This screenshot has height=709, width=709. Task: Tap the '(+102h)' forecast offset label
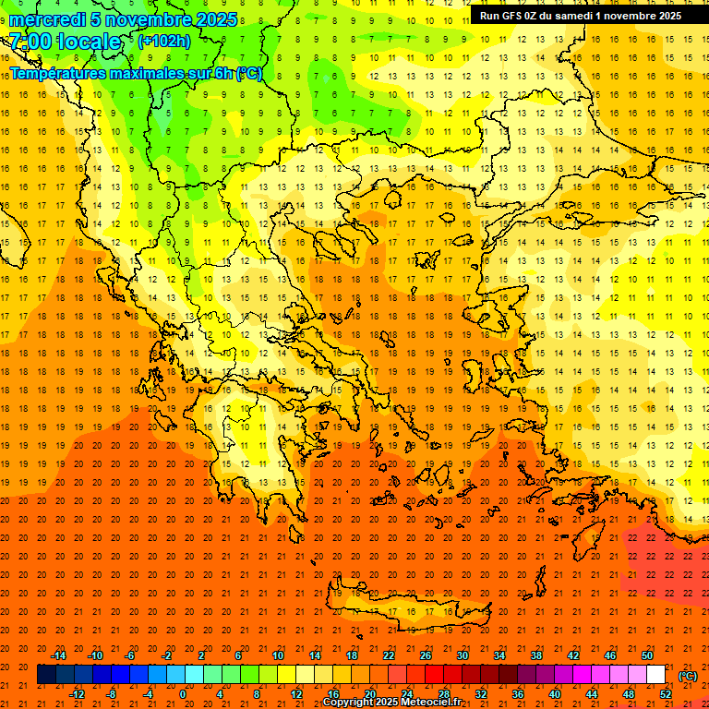(x=164, y=42)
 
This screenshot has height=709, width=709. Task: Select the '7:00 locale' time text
(x=65, y=42)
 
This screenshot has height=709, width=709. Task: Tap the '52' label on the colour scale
(x=666, y=694)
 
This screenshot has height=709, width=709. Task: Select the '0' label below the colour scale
(x=183, y=694)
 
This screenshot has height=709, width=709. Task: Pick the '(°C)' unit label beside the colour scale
(x=688, y=675)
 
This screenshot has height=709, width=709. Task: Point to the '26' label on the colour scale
(x=426, y=655)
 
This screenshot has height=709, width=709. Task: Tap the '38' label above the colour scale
(x=536, y=655)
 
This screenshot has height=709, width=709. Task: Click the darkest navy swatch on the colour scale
(x=46, y=675)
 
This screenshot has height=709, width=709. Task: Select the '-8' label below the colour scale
(x=111, y=694)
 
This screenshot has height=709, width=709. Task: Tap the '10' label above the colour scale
(x=277, y=655)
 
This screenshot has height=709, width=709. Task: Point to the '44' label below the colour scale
(x=592, y=694)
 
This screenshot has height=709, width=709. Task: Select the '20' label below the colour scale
(x=370, y=694)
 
